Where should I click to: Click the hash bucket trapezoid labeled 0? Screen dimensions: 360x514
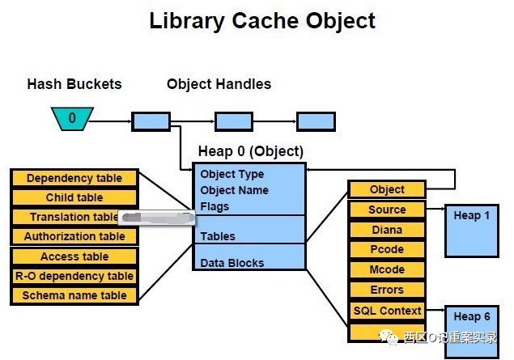(71, 120)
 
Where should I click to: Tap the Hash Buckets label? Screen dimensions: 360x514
(74, 84)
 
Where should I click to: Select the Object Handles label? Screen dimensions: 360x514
(219, 84)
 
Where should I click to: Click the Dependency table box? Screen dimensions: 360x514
(74, 178)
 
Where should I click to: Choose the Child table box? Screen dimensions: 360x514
(74, 197)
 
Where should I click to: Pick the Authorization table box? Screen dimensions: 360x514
(74, 236)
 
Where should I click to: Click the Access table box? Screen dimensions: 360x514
(74, 256)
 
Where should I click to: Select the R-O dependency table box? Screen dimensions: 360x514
(74, 276)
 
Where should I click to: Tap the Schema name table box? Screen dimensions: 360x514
(74, 295)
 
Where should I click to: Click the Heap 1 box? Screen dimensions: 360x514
(472, 230)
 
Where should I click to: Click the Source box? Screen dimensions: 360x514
(387, 210)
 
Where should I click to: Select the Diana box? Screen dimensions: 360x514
(387, 230)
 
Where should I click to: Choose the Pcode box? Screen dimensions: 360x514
(387, 250)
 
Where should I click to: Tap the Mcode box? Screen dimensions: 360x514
(387, 269)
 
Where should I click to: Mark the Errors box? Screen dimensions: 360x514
(387, 290)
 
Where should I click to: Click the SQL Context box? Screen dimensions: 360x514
(387, 311)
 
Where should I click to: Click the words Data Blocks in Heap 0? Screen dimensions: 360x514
(232, 263)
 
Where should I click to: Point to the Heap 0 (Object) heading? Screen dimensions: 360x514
(251, 151)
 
